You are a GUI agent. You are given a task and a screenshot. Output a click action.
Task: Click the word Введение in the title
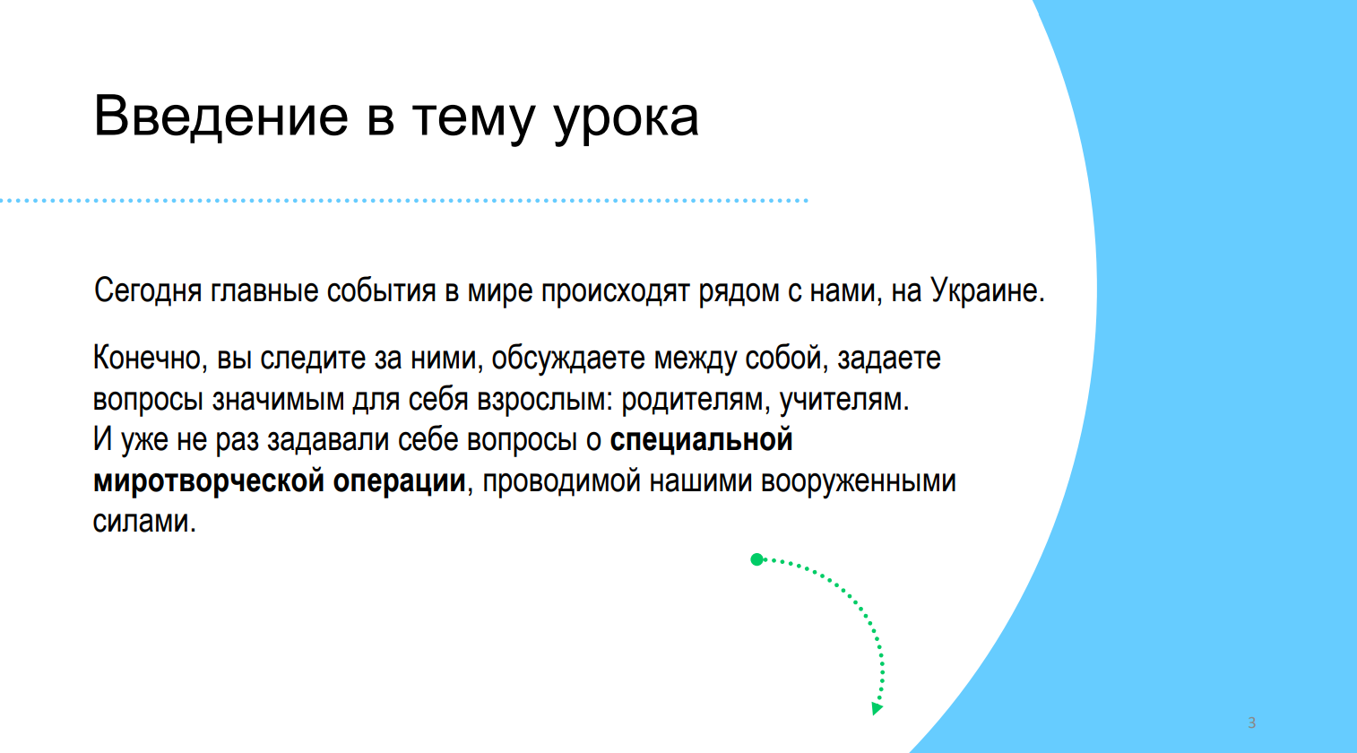click(221, 117)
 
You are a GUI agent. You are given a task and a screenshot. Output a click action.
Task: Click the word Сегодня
click(147, 290)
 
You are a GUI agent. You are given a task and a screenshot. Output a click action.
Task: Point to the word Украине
click(988, 290)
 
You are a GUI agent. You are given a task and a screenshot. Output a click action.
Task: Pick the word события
click(381, 290)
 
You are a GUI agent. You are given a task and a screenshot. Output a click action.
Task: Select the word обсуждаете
click(568, 359)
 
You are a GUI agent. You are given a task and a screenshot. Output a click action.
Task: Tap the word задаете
click(889, 359)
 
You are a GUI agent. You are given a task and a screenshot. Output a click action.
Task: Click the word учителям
click(844, 401)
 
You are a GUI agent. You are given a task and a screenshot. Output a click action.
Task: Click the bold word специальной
click(701, 440)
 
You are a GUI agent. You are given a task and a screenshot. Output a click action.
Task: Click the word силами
click(144, 521)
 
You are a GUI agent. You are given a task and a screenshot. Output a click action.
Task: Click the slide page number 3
click(1251, 723)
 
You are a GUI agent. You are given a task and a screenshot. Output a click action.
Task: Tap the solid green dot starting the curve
click(756, 559)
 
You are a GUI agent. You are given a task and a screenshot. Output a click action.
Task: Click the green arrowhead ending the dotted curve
click(877, 708)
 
